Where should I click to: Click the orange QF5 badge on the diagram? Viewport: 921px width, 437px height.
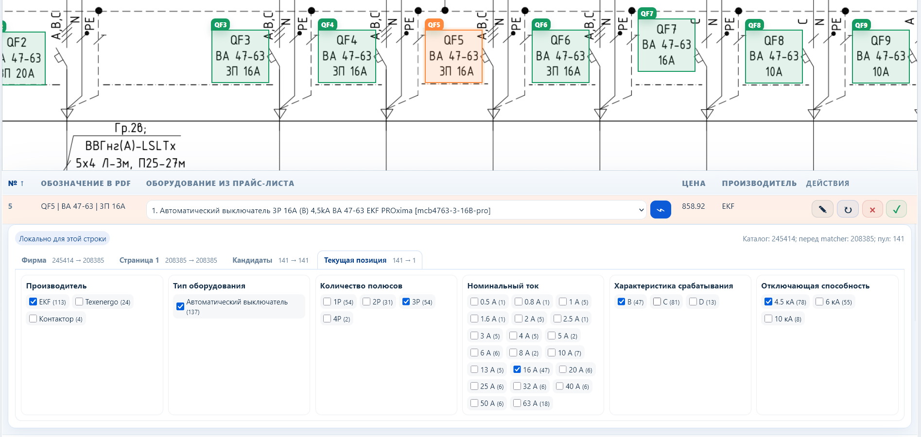tap(434, 25)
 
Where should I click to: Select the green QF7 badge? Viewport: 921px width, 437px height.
tap(647, 14)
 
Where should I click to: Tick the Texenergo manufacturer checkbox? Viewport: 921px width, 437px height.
tap(79, 302)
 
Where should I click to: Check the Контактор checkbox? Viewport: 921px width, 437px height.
tap(33, 319)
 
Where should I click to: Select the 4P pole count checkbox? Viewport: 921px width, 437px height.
tap(327, 319)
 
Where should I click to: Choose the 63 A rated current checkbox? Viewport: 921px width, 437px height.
tap(517, 403)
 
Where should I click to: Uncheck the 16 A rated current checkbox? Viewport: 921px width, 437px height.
tap(517, 370)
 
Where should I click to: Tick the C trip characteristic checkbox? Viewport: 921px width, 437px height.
tap(657, 302)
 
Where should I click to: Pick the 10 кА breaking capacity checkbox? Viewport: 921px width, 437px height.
tap(768, 319)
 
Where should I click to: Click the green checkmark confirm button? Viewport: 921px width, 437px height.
tap(896, 209)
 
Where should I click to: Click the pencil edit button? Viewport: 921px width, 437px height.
tap(822, 209)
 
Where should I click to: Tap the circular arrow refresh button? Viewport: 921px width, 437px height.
tap(848, 209)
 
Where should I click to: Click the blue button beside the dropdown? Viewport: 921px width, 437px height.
tap(660, 210)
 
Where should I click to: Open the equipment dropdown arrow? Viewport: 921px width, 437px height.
tap(641, 210)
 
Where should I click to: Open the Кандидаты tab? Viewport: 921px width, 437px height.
tap(252, 260)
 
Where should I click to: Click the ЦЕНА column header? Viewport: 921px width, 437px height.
tap(694, 183)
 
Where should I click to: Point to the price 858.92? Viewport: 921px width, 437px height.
tap(693, 206)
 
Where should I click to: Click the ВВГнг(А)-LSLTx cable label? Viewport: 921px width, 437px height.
tap(130, 146)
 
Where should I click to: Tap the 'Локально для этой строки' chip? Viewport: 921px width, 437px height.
tap(62, 238)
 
